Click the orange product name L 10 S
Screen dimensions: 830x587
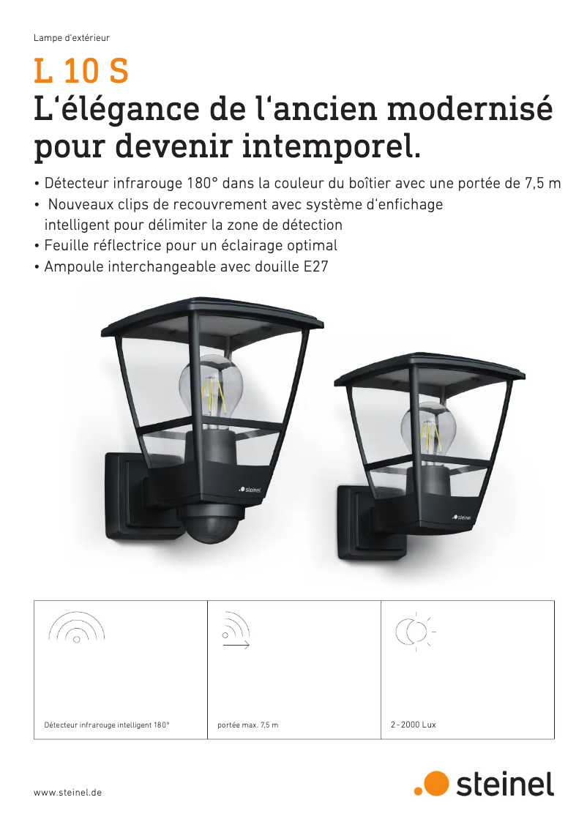click(81, 72)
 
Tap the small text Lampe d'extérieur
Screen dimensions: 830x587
click(72, 37)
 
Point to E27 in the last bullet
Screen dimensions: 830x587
click(315, 267)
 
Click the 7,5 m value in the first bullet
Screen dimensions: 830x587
click(543, 184)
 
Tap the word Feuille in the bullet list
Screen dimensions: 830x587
click(69, 246)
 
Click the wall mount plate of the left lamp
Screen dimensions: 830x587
click(124, 498)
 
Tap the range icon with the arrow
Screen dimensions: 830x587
click(236, 631)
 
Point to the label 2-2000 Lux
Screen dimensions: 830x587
click(414, 725)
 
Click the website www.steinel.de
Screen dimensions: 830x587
click(68, 793)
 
